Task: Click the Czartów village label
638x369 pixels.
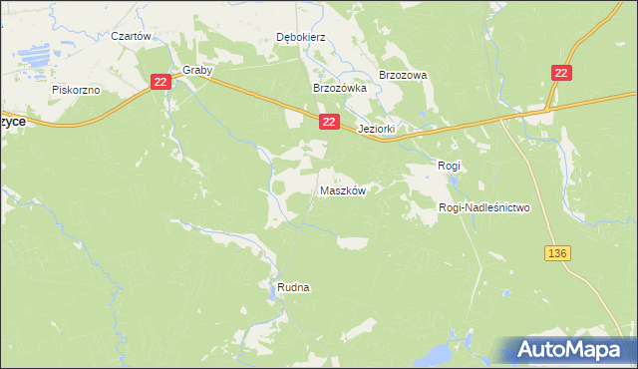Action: (131, 36)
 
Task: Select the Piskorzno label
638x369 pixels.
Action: (76, 90)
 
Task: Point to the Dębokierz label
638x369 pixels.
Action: (300, 38)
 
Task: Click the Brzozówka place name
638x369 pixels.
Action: (340, 88)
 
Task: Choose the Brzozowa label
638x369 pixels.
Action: (403, 75)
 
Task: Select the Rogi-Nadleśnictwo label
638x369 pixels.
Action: (484, 207)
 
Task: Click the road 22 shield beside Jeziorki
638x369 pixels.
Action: (330, 121)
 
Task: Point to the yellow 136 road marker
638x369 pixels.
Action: (557, 254)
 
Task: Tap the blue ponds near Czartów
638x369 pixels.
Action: (41, 55)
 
